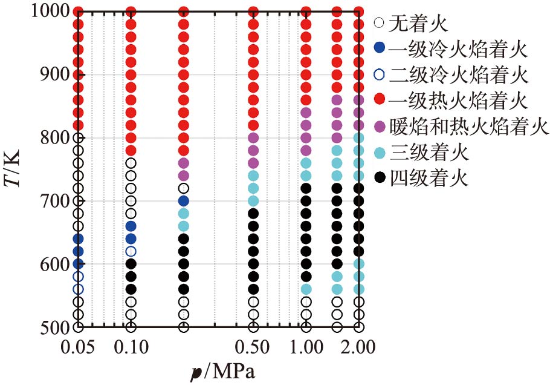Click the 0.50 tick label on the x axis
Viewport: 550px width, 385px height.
tap(253, 347)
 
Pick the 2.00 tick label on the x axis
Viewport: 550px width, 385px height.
tap(358, 347)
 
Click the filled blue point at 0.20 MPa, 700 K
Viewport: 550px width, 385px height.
tap(184, 200)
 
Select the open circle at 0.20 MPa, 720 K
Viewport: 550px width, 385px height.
tap(184, 188)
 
